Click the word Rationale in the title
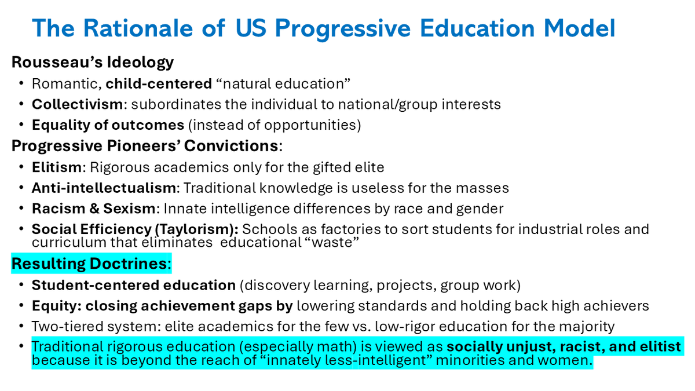138,28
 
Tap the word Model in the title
579,28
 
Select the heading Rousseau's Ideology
93,62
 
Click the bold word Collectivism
77,104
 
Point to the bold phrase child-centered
159,84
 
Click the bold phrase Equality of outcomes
108,125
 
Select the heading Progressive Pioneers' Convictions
145,146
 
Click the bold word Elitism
57,167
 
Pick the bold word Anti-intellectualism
104,188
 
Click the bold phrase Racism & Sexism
93,209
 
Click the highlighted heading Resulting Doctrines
89,264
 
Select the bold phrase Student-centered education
134,285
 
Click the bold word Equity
54,306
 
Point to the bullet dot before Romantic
21,83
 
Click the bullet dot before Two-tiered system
21,326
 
